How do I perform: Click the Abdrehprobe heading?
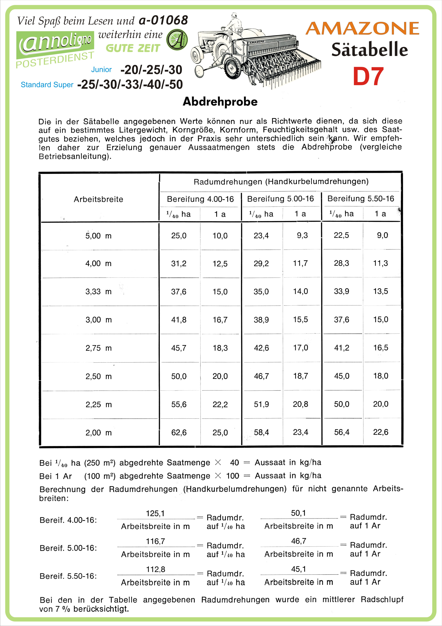[x=220, y=102]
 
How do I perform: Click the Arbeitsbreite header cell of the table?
[x=98, y=199]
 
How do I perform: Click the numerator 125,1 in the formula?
[x=155, y=514]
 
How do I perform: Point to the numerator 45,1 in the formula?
[x=299, y=569]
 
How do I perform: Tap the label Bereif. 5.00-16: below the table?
[x=68, y=548]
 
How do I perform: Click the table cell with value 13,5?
[x=381, y=291]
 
